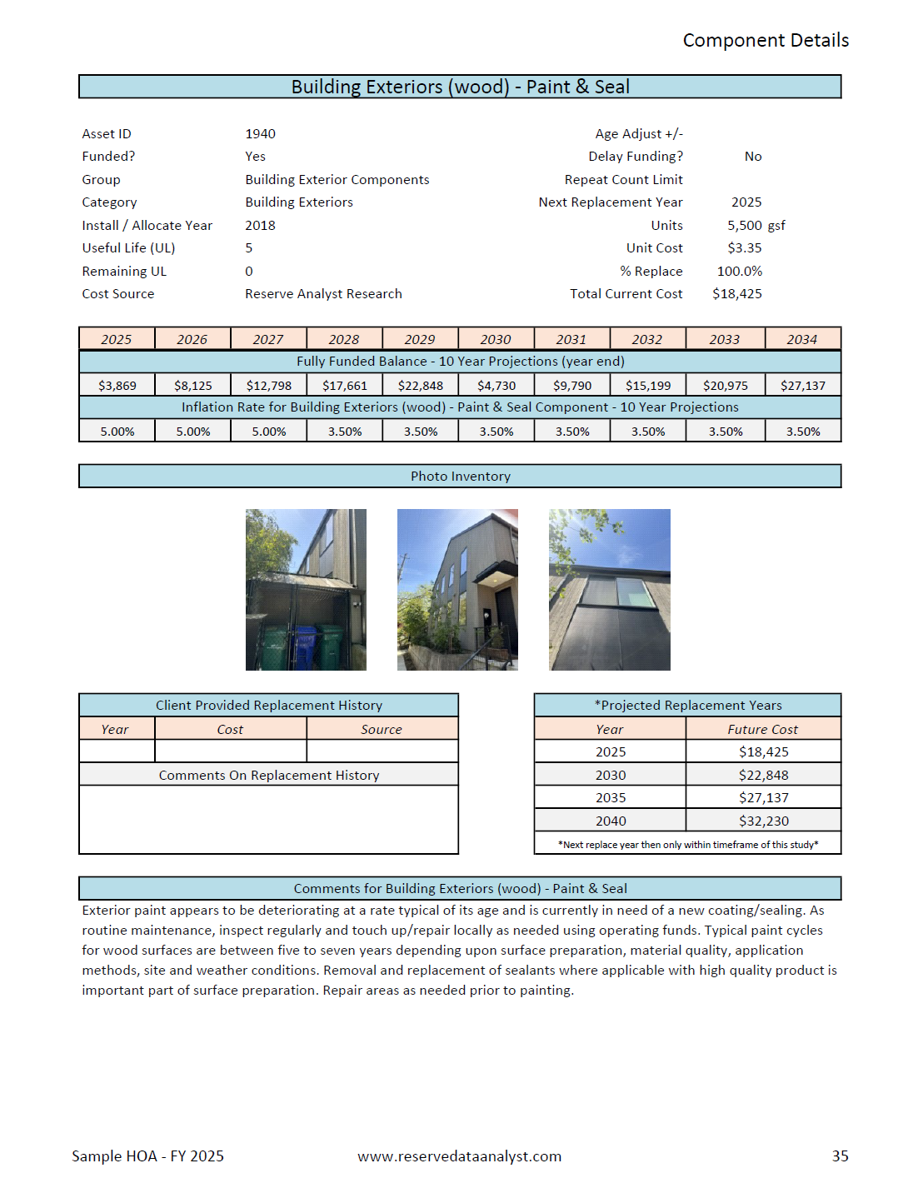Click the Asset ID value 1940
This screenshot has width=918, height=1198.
pos(260,134)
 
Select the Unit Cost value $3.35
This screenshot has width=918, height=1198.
pos(744,248)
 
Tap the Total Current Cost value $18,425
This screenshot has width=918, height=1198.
pos(736,294)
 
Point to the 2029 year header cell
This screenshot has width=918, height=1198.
pos(419,339)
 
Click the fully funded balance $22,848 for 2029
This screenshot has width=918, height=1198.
pos(420,386)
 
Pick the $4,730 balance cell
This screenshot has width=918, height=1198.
pos(496,386)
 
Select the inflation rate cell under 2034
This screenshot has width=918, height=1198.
pos(802,432)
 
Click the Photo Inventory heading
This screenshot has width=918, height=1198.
pos(460,477)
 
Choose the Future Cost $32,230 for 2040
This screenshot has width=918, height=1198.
pos(763,821)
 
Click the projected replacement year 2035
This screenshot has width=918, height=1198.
pos(610,798)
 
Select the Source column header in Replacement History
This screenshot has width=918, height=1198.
pos(382,730)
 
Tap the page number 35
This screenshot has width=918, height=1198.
pos(840,1156)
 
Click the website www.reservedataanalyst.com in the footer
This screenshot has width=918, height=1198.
pos(459,1156)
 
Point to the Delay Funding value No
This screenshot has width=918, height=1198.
pos(753,157)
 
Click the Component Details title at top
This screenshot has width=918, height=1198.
pos(766,41)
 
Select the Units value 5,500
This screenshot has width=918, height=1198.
pos(744,226)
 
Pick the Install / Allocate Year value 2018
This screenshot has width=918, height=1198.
pos(260,226)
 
